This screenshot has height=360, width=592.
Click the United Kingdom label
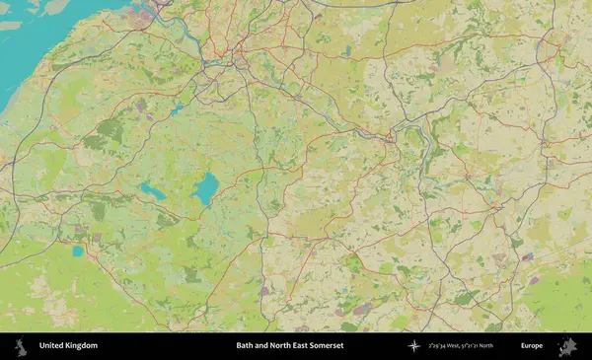68,346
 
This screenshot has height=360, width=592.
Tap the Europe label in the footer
532,346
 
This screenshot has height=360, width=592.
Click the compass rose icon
414,346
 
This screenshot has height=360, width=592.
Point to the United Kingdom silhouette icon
20,346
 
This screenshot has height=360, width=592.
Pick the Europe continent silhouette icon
567,346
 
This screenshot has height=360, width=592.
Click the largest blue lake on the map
205,187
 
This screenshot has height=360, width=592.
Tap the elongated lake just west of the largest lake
153,190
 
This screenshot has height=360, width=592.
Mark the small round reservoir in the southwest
78,252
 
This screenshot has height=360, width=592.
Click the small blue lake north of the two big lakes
177,109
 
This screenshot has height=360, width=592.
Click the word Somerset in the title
325,346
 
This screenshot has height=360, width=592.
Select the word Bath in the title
244,346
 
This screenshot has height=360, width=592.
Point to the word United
51,346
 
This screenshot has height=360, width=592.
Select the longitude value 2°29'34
436,346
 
